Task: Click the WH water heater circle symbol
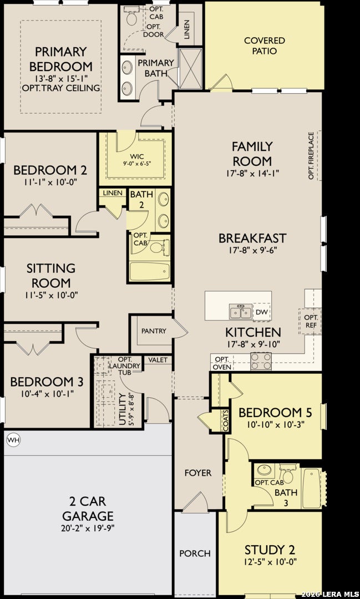pos(14,440)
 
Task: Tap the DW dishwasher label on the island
pos(261,312)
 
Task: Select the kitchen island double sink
pos(241,312)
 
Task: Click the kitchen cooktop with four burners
pos(261,361)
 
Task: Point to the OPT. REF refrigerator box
pos(310,322)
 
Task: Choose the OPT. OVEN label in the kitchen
pos(222,363)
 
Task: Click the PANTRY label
pos(154,331)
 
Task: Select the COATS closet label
pos(226,422)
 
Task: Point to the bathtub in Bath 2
pos(149,271)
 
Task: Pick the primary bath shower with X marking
pos(190,68)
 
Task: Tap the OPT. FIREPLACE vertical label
pos(311,155)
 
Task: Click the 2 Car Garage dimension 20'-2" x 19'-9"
pos(88,528)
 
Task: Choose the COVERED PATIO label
pos(265,45)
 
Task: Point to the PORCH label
pos(195,553)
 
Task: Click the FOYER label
pos(198,473)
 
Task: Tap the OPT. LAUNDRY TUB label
pos(125,366)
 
